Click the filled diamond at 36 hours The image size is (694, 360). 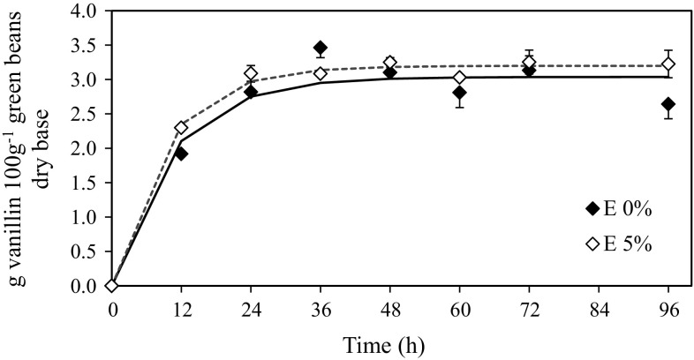(x=320, y=48)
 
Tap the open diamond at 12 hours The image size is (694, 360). (x=181, y=128)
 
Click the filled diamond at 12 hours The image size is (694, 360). (x=181, y=153)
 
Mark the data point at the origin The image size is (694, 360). (x=112, y=285)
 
